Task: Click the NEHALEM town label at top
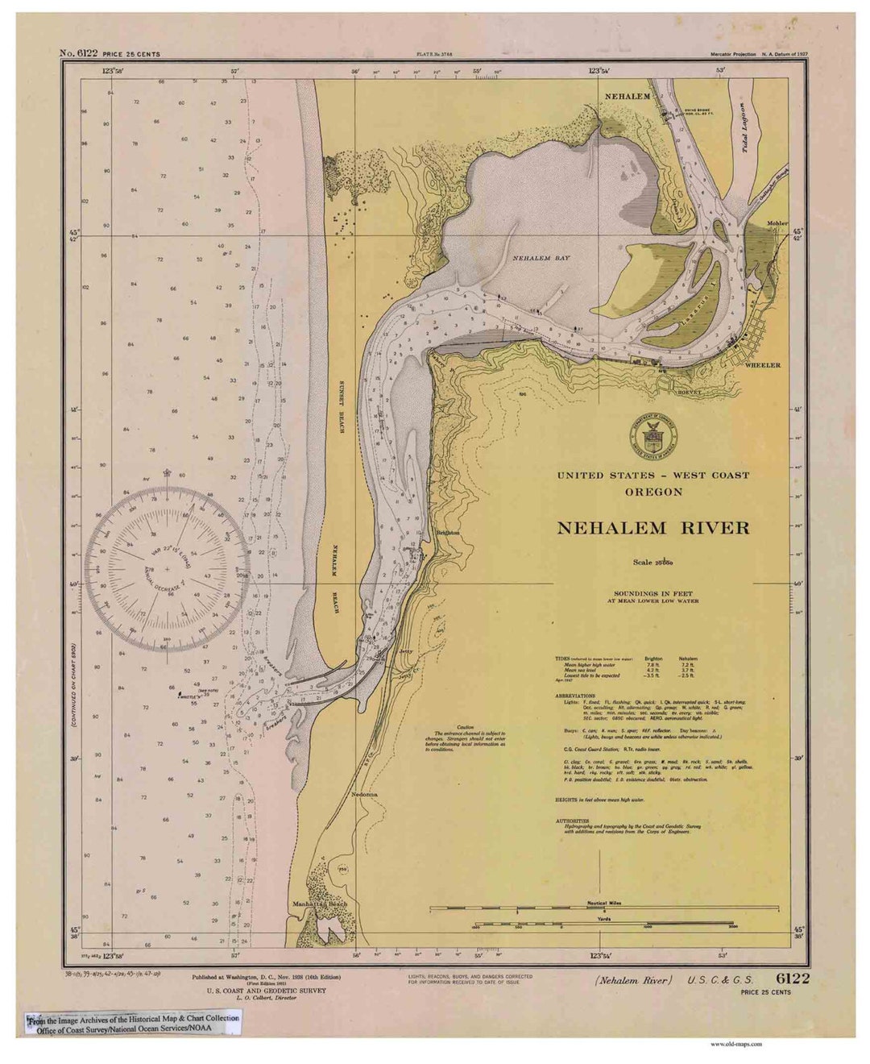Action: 628,97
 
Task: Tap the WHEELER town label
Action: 762,365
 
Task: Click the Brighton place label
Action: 447,533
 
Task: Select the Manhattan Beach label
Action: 320,904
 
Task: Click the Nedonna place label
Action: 364,794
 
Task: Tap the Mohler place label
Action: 777,223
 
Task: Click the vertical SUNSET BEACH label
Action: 342,406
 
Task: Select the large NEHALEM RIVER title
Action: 652,529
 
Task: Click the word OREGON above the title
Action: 653,492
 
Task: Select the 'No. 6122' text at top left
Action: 79,54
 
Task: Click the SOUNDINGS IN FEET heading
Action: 652,594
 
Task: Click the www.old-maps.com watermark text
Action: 735,1044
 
